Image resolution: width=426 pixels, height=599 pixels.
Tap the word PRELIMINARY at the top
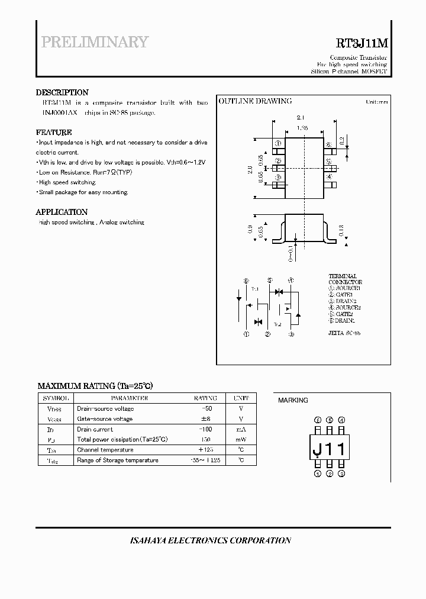[x=95, y=42]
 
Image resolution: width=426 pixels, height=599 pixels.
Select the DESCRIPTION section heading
[x=62, y=92]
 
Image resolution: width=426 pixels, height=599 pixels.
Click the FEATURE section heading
[x=54, y=133]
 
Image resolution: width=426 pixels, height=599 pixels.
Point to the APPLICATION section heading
[x=62, y=212]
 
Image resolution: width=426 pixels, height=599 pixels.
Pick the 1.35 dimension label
[x=302, y=127]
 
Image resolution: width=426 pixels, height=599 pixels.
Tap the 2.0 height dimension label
[x=250, y=170]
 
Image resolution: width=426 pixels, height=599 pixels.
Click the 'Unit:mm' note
[x=376, y=102]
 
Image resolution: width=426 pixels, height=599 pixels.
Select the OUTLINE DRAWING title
[x=255, y=101]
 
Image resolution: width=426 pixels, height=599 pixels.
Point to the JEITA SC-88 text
[x=344, y=333]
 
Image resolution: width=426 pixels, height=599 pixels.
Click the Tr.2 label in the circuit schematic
[x=277, y=324]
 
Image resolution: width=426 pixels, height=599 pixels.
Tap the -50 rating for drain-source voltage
[x=206, y=408]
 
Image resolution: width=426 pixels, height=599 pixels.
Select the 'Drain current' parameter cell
[x=95, y=429]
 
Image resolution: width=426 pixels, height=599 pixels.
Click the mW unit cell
[x=241, y=439]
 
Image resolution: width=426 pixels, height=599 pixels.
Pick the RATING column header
[x=205, y=398]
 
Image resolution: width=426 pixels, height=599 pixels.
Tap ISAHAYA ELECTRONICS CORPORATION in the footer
[x=210, y=540]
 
